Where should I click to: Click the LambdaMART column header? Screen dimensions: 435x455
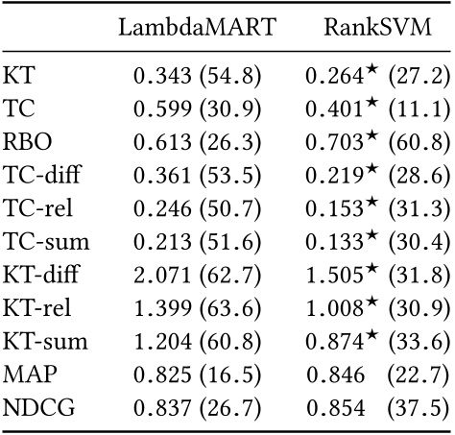(x=197, y=27)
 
